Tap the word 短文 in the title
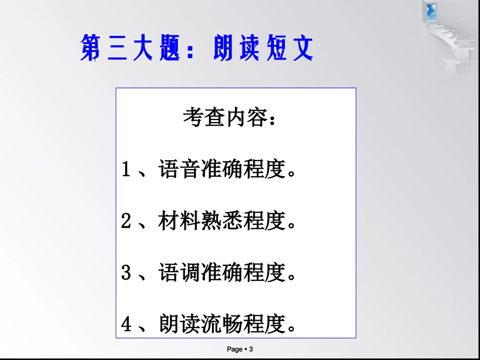[290, 48]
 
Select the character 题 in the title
[170, 48]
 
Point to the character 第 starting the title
[91, 48]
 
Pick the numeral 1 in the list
[126, 170]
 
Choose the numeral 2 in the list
[126, 222]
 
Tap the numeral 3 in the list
[126, 273]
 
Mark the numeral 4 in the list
[126, 325]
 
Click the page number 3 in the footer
[251, 349]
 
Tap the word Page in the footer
[235, 349]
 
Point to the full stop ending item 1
[291, 175]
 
